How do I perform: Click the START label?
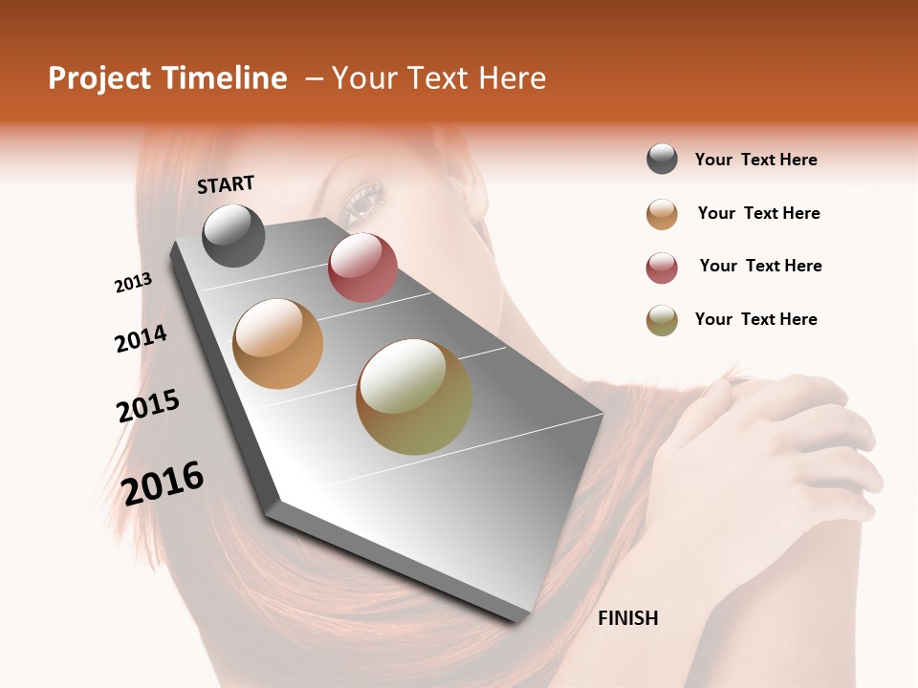[226, 183]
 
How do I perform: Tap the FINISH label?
[627, 618]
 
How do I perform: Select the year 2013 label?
[133, 283]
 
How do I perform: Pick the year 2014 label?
[141, 338]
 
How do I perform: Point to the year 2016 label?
[163, 483]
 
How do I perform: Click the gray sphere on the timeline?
[233, 235]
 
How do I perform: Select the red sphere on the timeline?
[362, 268]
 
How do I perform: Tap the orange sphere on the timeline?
[278, 344]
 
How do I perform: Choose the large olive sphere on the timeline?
[414, 397]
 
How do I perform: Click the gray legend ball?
[662, 160]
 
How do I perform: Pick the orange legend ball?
[662, 214]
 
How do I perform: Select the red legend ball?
[662, 268]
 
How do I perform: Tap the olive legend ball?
[662, 320]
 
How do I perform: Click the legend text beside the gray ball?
[755, 160]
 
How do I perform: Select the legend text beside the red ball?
[760, 266]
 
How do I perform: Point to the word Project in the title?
[98, 78]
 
